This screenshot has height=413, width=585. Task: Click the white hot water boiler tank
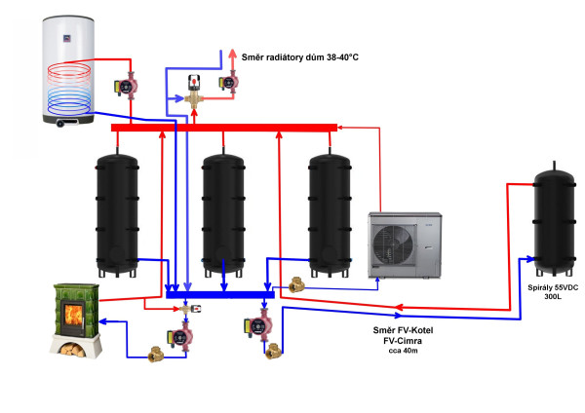point(68,71)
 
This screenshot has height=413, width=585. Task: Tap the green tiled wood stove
point(76,320)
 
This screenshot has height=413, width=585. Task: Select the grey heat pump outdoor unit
point(405,244)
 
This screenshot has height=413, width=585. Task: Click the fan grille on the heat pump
point(394,246)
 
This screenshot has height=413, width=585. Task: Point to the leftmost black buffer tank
point(117,214)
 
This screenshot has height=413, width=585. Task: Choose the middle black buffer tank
point(223,214)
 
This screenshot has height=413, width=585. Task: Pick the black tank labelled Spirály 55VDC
point(554,220)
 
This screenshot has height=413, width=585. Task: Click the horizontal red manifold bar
point(224,128)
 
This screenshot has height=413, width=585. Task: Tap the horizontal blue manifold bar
point(220,295)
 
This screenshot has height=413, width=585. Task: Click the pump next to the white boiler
point(127,86)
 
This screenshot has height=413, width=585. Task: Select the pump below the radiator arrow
point(229,82)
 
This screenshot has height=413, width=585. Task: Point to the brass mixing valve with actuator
point(194,93)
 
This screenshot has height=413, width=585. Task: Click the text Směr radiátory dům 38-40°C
point(300,57)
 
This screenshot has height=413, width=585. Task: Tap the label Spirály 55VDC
point(553,287)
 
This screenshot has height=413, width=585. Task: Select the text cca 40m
point(403,351)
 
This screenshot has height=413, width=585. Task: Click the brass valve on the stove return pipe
point(156,355)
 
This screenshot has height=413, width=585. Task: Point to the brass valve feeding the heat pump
point(297,285)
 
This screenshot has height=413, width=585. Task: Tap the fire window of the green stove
point(74,315)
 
